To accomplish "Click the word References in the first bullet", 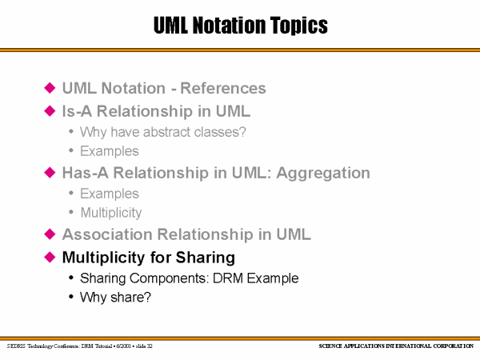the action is point(223,88).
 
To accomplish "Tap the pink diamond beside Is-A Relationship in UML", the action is point(50,111).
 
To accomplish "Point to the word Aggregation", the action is point(323,174).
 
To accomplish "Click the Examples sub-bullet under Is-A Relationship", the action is point(110,151).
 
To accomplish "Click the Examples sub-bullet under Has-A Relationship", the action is point(110,194).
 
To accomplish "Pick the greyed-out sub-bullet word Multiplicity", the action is point(111,213).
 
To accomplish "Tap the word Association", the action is point(107,234).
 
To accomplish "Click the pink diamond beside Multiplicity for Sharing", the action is point(50,257).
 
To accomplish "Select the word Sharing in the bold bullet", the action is point(205,258).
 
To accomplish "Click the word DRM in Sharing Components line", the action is point(228,278).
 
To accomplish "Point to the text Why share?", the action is point(115,298).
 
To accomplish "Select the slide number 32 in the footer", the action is point(150,346).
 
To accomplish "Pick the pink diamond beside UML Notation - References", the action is point(50,88).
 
